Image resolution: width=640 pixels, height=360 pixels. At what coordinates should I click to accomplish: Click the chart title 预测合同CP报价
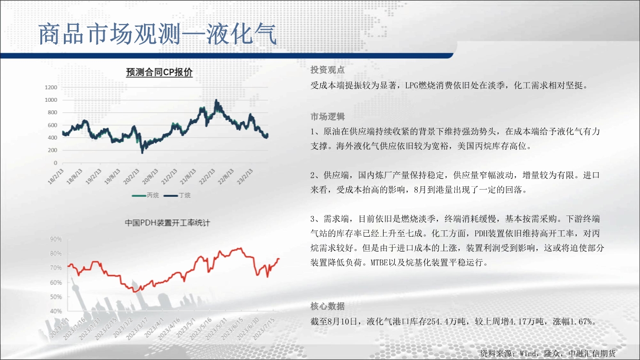(159, 72)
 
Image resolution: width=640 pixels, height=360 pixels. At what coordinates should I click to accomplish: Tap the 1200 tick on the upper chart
(51, 87)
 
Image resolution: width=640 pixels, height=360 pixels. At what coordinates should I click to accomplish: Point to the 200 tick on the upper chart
(52, 150)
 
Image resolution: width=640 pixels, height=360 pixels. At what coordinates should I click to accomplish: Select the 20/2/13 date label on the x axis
(132, 177)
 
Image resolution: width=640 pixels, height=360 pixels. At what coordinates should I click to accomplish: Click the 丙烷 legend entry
(145, 195)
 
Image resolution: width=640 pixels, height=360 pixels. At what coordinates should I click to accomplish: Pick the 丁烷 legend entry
(177, 195)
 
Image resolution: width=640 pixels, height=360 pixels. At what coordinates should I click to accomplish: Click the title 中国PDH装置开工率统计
(168, 223)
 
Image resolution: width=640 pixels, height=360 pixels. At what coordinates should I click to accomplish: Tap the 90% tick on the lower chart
(56, 239)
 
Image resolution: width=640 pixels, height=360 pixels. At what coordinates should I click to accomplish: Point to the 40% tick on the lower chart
(56, 311)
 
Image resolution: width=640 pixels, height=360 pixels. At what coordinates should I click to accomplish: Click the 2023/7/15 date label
(264, 329)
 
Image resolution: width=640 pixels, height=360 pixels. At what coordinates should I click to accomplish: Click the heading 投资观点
(327, 70)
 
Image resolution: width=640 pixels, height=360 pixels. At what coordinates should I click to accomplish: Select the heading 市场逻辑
(327, 117)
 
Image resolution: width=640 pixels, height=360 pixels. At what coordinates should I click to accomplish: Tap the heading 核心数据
(327, 306)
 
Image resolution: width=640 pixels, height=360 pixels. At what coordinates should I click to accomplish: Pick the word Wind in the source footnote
(528, 354)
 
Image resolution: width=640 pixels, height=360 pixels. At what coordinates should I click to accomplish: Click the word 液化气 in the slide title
(242, 34)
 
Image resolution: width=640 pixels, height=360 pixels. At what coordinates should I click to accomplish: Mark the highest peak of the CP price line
(216, 100)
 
